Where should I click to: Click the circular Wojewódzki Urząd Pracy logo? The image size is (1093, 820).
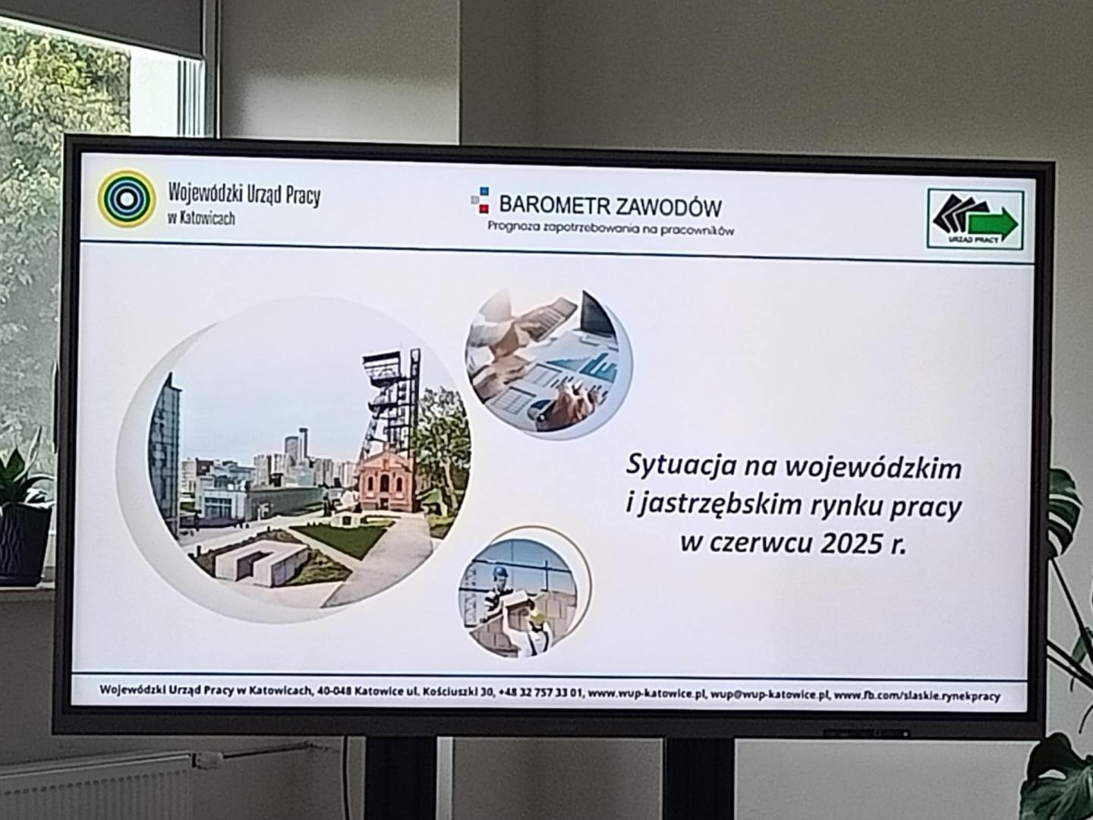[x=127, y=198]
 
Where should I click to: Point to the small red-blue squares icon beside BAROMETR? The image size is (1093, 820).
[x=480, y=200]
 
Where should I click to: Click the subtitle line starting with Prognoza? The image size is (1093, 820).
[x=611, y=228]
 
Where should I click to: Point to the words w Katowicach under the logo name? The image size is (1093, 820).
[x=202, y=218]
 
